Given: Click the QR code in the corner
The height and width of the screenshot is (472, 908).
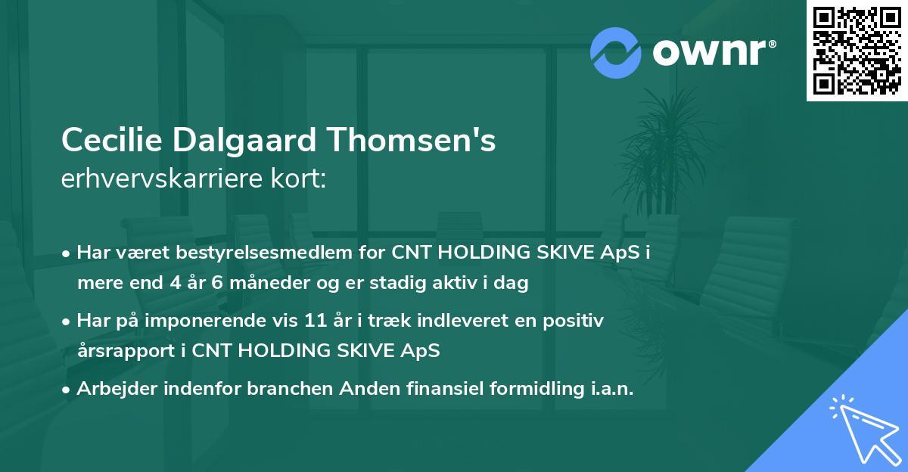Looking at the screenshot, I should [857, 51].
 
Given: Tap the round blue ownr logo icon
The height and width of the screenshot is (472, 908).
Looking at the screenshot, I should [615, 51].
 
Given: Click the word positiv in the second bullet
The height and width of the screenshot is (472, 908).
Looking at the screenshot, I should [577, 321].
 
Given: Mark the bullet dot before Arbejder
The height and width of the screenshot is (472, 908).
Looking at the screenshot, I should [67, 390].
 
